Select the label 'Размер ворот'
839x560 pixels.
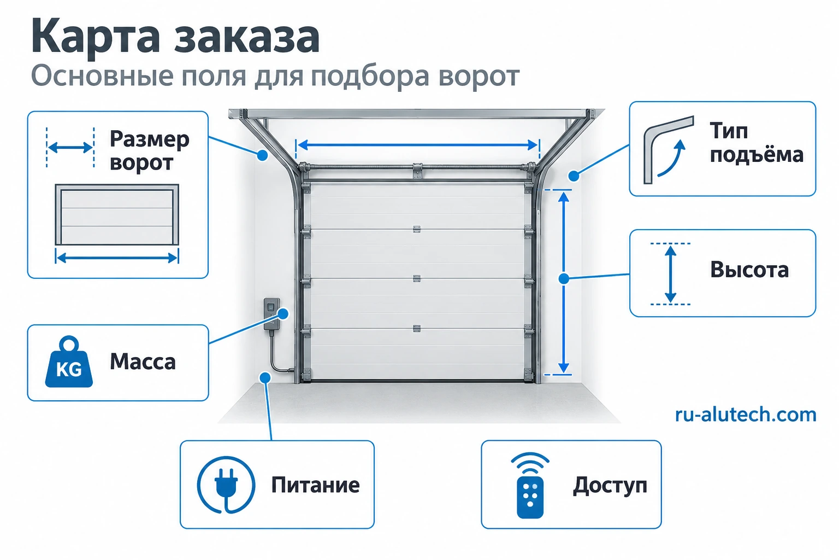pos(150,150)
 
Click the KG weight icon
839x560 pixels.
pos(69,361)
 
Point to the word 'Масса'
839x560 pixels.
pos(143,362)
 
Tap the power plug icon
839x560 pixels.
pos(226,485)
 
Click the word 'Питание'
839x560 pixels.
pos(315,485)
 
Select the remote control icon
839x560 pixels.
pos(530,486)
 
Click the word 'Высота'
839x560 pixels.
pos(749,270)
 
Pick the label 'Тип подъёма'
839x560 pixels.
pos(757,143)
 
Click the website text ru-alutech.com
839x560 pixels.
pos(746,415)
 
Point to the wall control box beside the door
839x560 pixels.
pos(271,314)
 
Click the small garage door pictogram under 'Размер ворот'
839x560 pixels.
pos(117,214)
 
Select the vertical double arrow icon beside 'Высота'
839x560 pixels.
pos(670,274)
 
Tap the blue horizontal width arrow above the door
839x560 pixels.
pos(418,145)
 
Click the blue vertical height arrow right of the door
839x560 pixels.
pos(564,282)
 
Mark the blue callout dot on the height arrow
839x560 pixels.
pos(564,279)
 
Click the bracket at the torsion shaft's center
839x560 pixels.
pos(417,171)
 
